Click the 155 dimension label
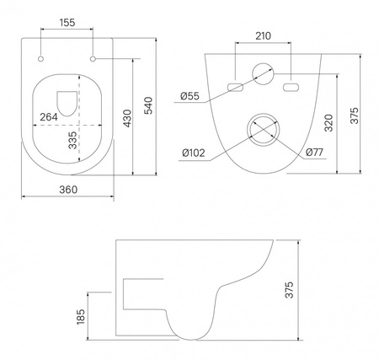[x=67, y=23]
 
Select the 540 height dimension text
[x=148, y=105]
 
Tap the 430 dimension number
[x=127, y=118]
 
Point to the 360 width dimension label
[x=68, y=190]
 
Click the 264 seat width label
[x=49, y=117]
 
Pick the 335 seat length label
[x=72, y=140]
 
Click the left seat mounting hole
[x=41, y=59]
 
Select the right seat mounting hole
[x=93, y=59]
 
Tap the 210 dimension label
[x=264, y=36]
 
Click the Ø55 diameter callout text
[x=189, y=96]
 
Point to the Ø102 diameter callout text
[x=194, y=153]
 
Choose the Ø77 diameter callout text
[x=314, y=153]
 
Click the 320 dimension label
[x=328, y=123]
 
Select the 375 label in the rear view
[x=355, y=116]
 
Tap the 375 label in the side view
[x=289, y=290]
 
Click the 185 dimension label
[x=81, y=317]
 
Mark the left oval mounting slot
[x=235, y=87]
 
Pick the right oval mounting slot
[x=291, y=87]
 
